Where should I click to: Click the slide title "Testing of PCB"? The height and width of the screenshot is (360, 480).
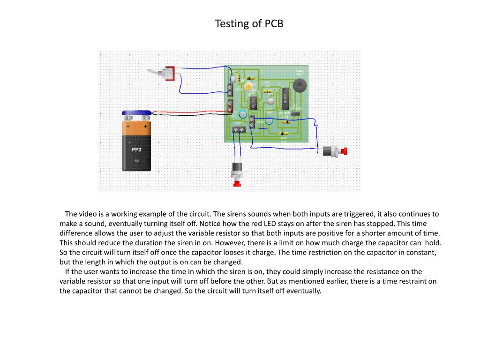coord(249,23)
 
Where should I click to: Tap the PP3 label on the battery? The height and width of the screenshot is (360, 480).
coord(136,150)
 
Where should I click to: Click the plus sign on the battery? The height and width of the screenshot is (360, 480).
coord(145,126)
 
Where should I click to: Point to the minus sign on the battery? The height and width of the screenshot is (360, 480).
coord(127,126)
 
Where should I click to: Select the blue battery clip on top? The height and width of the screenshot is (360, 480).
coord(136,113)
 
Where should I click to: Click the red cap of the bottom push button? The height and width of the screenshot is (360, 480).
coord(237,184)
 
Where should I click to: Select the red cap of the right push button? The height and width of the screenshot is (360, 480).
coord(345,151)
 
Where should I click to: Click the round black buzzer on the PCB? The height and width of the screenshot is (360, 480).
coord(298,86)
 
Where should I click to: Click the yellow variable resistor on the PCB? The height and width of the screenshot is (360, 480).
coord(249,86)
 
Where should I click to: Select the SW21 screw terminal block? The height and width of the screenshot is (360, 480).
coord(239,129)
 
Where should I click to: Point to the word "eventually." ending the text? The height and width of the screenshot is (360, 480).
coord(305,291)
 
